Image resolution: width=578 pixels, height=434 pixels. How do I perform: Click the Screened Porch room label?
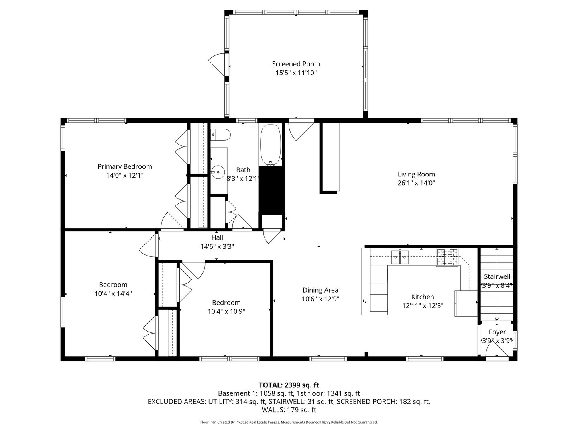pos(296,64)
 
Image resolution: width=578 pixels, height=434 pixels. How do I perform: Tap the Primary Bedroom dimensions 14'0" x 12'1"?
pos(125,176)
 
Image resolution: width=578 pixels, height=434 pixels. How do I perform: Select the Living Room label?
pos(416,174)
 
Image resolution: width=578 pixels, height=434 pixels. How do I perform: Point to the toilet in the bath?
pos(220,135)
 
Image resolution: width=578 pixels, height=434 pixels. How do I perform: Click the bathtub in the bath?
pos(271,145)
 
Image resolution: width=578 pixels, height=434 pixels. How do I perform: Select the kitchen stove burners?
pos(448,257)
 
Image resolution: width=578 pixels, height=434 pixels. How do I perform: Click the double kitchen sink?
pos(400,257)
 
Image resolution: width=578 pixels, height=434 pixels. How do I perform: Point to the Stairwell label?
pos(497,276)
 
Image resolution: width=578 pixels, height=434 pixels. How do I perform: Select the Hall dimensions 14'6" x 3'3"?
pos(217,246)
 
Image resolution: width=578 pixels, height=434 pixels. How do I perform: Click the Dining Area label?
pos(320,290)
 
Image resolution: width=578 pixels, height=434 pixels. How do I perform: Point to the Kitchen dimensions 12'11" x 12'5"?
pos(423,305)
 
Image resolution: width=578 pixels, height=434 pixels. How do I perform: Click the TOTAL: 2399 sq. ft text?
pos(289,385)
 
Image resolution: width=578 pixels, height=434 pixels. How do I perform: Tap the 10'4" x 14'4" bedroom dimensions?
pos(113,293)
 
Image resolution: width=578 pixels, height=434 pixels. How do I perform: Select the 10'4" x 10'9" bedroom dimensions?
pos(226,311)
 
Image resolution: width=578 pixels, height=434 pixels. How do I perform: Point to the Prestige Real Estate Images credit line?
pos(289,422)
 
